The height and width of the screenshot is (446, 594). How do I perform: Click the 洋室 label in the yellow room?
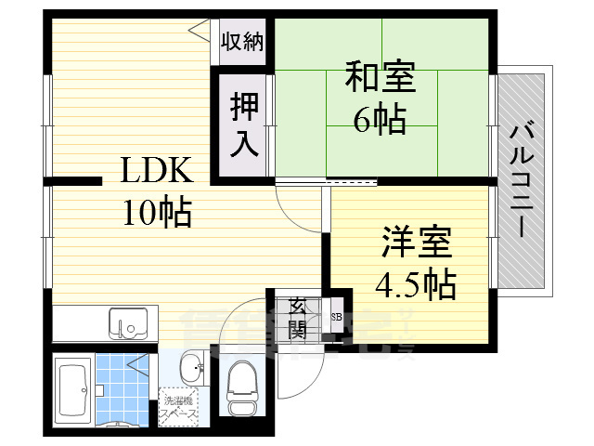click(x=416, y=243)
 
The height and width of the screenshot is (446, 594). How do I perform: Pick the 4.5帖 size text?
click(x=416, y=283)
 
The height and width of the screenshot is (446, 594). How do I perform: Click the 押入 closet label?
click(x=243, y=125)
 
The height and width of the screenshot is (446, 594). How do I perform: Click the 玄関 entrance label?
click(x=298, y=317)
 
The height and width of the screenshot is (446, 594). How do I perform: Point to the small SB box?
click(x=335, y=316)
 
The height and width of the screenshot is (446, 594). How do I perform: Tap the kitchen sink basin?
click(x=126, y=324)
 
